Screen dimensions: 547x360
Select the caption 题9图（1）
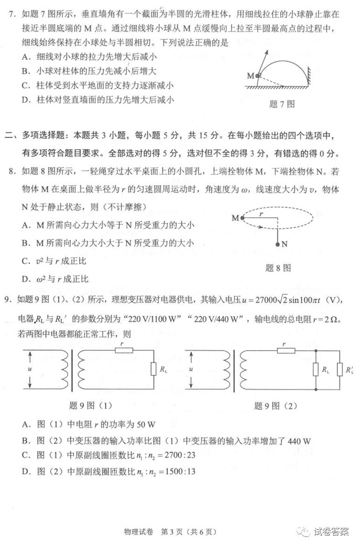88,406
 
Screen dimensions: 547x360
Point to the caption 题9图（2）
276,406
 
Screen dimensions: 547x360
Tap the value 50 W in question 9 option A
145,425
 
